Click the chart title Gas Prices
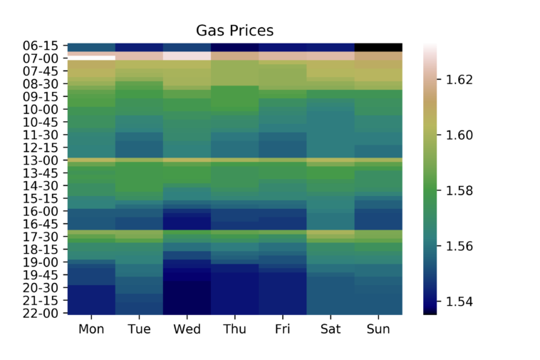(234, 31)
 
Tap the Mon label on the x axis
(91, 329)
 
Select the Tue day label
(139, 329)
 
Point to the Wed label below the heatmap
(187, 329)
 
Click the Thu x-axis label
(234, 329)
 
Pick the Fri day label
(282, 329)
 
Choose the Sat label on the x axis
(330, 329)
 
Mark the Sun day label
(378, 329)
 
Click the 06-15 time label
(44, 46)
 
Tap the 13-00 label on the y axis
(44, 160)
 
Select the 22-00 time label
(44, 313)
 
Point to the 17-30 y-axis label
(44, 237)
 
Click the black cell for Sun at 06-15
(378, 47)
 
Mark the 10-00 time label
(44, 109)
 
